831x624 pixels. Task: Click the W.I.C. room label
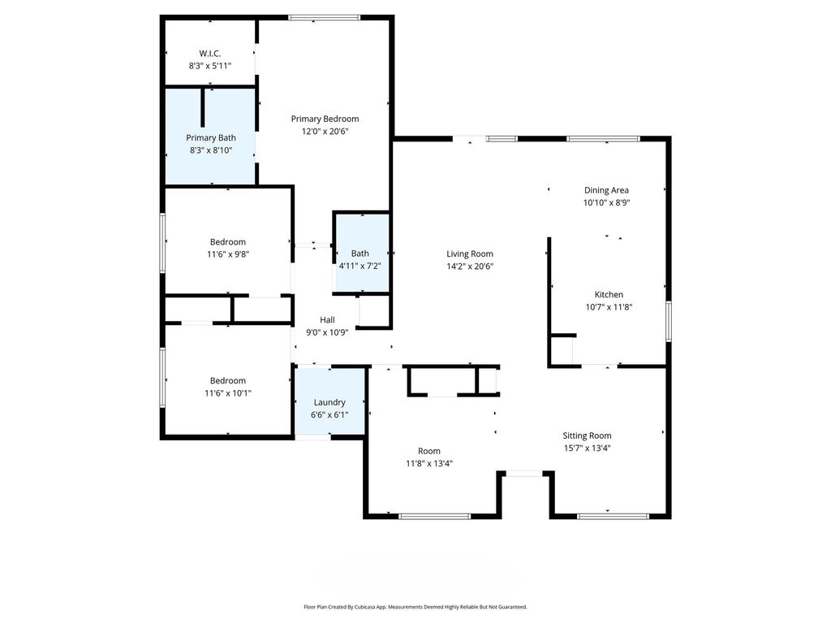pos(210,54)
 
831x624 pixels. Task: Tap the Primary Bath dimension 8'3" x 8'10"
pos(211,149)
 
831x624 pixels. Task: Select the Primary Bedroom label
pos(325,119)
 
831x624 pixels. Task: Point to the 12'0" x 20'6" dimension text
pos(325,131)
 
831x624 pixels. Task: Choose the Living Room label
pos(470,253)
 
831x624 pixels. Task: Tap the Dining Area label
pos(606,190)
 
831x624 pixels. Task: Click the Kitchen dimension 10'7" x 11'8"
pos(609,307)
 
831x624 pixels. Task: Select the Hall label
pos(327,319)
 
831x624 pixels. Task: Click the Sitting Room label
pos(588,435)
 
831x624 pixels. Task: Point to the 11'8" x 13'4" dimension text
pos(429,463)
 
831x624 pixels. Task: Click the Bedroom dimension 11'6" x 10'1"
pos(228,392)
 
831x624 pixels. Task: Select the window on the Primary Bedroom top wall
pos(325,17)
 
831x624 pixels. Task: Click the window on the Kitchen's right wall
pos(669,321)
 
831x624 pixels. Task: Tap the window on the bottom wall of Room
pos(435,515)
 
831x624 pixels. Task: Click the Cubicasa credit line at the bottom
pos(415,607)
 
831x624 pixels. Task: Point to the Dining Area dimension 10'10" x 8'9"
pos(606,203)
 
